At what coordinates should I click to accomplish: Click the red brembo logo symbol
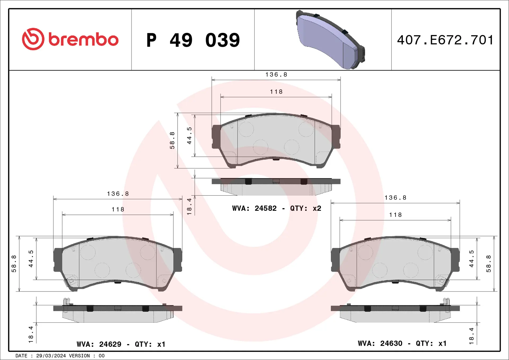(x=33, y=39)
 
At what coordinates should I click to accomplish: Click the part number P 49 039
(x=193, y=40)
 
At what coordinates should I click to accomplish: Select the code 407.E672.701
(x=445, y=40)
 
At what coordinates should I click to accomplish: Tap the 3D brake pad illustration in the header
(x=330, y=40)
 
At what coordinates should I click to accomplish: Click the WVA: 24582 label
(x=254, y=208)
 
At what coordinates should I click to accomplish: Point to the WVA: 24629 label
(x=99, y=344)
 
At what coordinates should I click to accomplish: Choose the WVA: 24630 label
(x=380, y=343)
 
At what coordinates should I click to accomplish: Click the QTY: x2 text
(x=305, y=208)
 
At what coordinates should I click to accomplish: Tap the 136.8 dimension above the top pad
(x=276, y=74)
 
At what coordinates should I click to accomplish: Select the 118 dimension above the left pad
(x=118, y=209)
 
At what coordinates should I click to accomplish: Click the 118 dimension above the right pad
(x=395, y=215)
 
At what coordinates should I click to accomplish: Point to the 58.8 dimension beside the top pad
(x=172, y=140)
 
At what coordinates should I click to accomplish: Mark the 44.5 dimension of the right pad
(x=471, y=258)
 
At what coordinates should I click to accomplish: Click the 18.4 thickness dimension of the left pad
(x=31, y=334)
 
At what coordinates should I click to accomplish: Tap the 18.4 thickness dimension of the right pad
(x=471, y=336)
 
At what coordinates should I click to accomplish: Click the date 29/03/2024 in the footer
(x=51, y=356)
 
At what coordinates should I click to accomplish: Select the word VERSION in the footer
(x=79, y=356)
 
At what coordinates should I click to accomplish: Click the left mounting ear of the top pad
(x=216, y=137)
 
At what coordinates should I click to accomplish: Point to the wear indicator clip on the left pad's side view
(x=66, y=301)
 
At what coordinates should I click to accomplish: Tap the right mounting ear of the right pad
(x=455, y=260)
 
